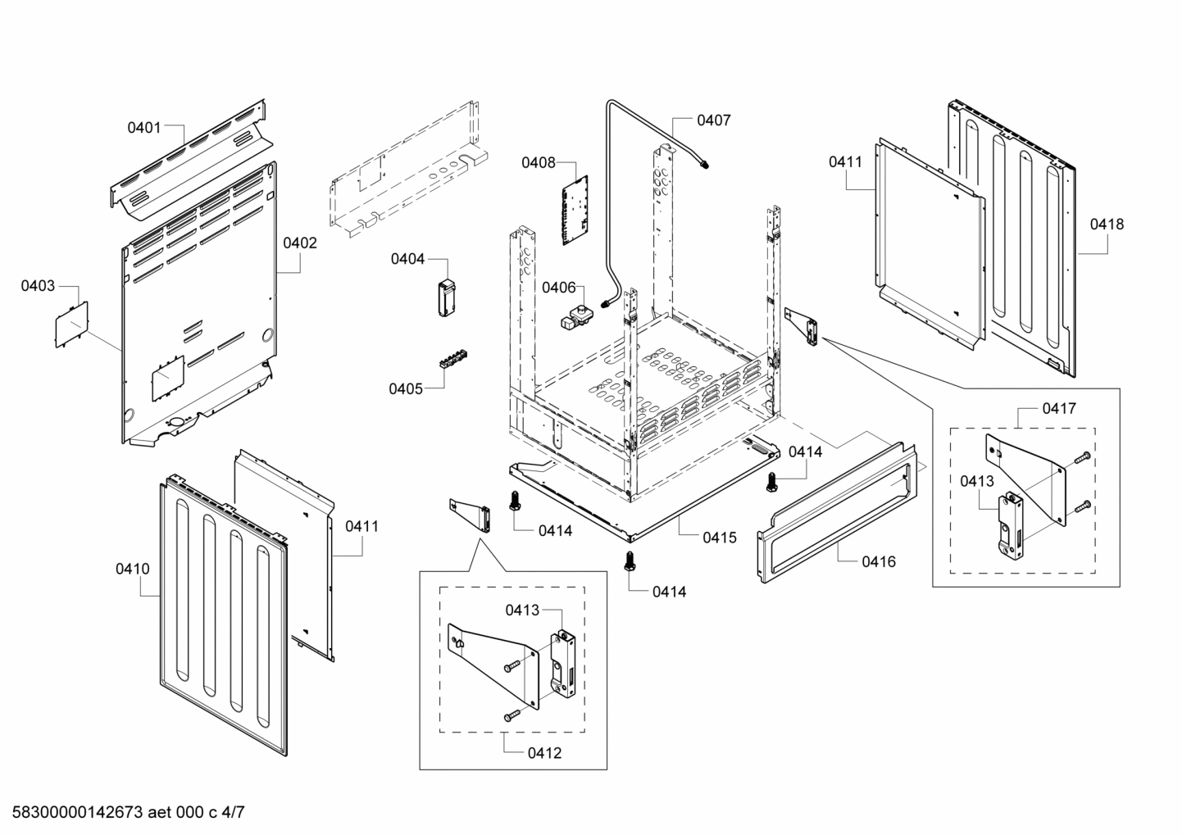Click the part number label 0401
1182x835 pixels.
[143, 127]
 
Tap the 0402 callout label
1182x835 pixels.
[300, 243]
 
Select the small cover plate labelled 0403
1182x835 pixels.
[70, 324]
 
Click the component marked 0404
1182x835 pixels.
[446, 296]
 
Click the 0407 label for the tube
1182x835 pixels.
[713, 120]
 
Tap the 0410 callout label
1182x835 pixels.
[132, 568]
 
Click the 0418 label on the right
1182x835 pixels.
[1107, 224]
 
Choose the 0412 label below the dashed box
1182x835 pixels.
[545, 752]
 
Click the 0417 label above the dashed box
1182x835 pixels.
[1059, 408]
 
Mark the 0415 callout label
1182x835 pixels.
[719, 538]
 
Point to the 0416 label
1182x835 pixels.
[878, 561]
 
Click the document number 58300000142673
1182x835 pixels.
[74, 813]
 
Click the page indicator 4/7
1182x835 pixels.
[234, 813]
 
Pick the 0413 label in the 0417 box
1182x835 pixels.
[977, 482]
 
